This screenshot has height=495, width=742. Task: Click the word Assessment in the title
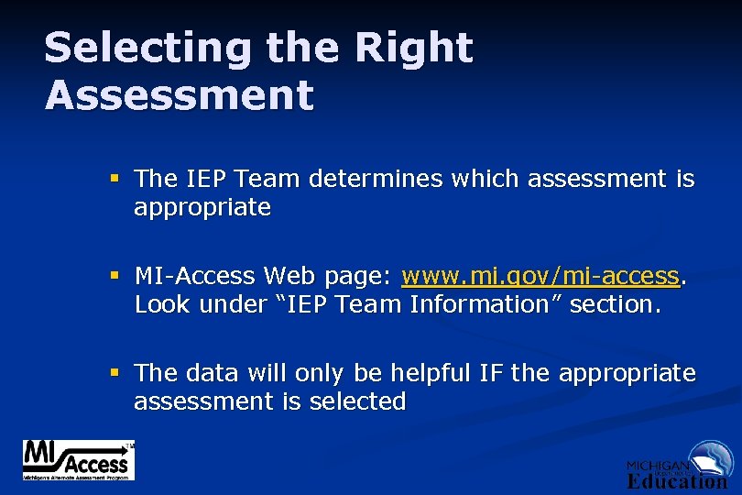pos(180,94)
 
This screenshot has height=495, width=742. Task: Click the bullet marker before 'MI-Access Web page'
pos(113,275)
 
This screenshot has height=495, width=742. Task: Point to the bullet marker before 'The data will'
pos(113,372)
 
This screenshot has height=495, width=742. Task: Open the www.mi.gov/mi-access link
pos(541,276)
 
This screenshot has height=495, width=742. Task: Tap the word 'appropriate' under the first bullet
pos(202,208)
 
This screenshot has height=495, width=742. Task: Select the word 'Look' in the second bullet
pos(162,304)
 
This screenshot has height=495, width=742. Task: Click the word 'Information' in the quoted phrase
pos(486,304)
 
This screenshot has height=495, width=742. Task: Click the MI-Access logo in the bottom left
pos(79,460)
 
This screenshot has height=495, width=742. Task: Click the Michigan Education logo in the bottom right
pos(677,467)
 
